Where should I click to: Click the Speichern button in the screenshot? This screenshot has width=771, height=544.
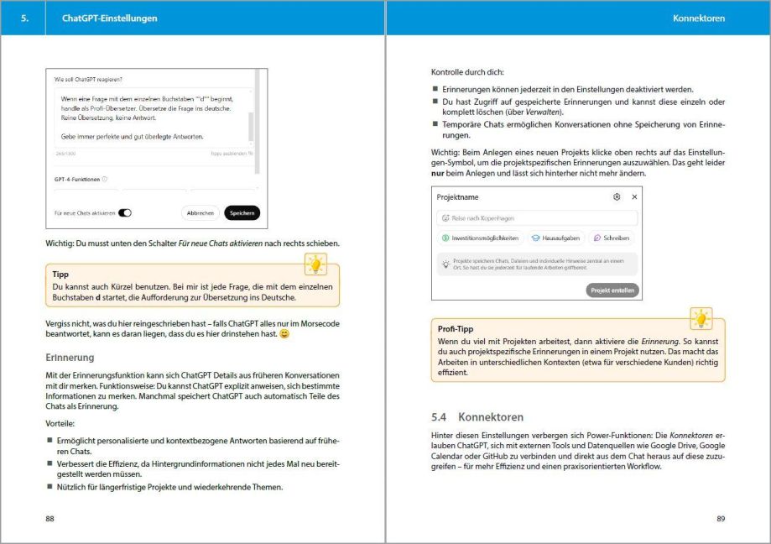[x=242, y=213]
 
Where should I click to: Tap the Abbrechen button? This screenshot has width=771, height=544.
[x=200, y=213]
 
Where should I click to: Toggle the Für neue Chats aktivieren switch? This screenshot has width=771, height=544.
[x=125, y=213]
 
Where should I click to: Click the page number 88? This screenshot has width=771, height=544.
[x=50, y=519]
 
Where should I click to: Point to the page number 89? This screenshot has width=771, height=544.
[x=721, y=519]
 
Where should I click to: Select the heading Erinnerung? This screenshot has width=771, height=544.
[x=70, y=358]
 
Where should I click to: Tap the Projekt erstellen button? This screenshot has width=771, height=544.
[x=612, y=290]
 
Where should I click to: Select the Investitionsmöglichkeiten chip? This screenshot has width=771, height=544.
[x=480, y=238]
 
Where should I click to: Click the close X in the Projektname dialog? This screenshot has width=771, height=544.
[x=634, y=196]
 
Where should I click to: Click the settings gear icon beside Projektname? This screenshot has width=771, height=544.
[x=617, y=196]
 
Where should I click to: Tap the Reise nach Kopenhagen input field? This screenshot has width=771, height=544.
[x=537, y=218]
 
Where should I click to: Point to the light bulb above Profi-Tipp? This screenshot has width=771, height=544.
[x=700, y=320]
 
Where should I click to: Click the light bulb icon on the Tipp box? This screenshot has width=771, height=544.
[x=315, y=264]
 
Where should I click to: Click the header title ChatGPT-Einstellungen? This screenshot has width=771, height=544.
[x=109, y=18]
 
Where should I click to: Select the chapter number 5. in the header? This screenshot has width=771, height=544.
[x=25, y=18]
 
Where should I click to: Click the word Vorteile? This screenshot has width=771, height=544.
[x=60, y=423]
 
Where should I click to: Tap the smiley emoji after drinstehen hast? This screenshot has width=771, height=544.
[x=284, y=334]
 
